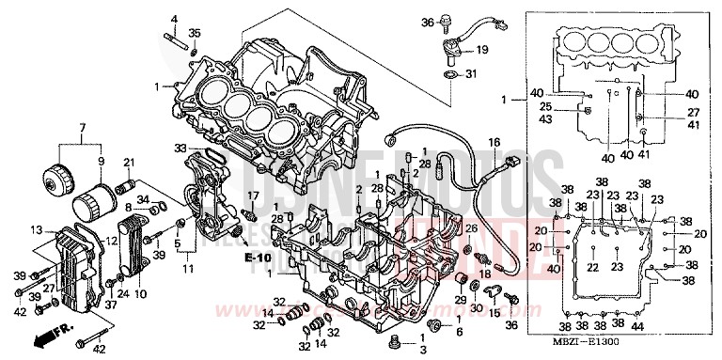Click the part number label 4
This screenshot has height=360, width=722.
pyautogui.click(x=173, y=19)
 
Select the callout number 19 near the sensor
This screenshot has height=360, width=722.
pyautogui.click(x=482, y=50)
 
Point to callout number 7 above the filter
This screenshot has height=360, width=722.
pyautogui.click(x=82, y=128)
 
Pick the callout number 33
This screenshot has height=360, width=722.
pyautogui.click(x=180, y=148)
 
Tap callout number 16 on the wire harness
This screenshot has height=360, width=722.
pyautogui.click(x=493, y=142)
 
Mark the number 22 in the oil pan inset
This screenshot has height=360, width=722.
pyautogui.click(x=592, y=268)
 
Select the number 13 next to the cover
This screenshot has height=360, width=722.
pyautogui.click(x=36, y=230)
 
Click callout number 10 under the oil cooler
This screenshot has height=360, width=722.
pyautogui.click(x=141, y=294)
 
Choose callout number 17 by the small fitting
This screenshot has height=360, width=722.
pyautogui.click(x=252, y=195)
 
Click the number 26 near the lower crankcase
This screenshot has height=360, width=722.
pyautogui.click(x=471, y=228)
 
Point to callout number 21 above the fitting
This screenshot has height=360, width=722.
pyautogui.click(x=129, y=162)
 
